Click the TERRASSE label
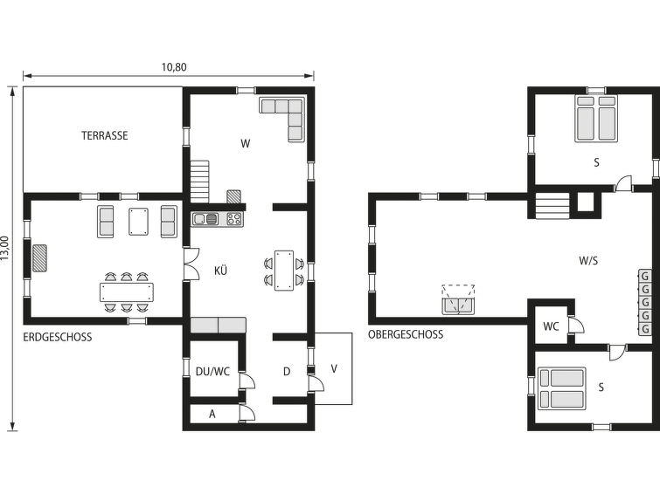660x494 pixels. (104, 136)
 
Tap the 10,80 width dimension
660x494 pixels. (174, 67)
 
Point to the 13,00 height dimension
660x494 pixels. (5, 249)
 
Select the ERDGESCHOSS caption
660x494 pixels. (57, 337)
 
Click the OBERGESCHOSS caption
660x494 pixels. (406, 334)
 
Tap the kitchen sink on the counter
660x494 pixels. (205, 218)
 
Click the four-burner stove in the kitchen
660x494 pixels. (234, 218)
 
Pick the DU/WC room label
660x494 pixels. (212, 372)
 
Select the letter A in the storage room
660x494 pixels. (212, 414)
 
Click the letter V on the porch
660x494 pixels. (334, 368)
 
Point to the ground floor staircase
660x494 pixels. (199, 182)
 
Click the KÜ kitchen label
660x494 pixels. (220, 271)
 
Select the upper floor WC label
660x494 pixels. (551, 326)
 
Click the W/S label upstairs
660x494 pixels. (588, 261)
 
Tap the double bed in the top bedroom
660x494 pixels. (596, 118)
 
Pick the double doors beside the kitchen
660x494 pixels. (191, 264)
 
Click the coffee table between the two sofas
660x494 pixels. (138, 222)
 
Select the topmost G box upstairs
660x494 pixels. (645, 276)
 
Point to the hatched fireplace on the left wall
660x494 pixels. (40, 257)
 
